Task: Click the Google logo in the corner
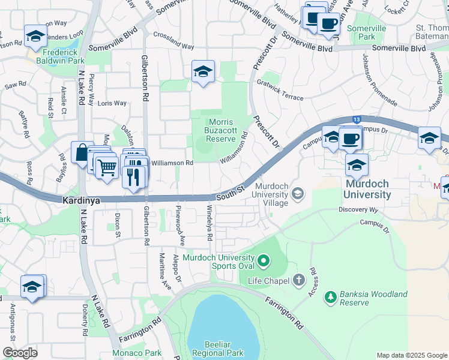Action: (20, 353)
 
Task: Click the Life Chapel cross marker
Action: (299, 280)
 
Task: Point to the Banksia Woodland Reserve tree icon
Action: (330, 296)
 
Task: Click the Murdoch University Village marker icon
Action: (297, 194)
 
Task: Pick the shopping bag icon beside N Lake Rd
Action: (80, 152)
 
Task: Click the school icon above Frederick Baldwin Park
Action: (35, 36)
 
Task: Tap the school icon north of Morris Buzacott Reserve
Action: (203, 72)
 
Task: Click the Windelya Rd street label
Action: (209, 223)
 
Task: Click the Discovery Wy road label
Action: (358, 209)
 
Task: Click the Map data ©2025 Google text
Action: (412, 355)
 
